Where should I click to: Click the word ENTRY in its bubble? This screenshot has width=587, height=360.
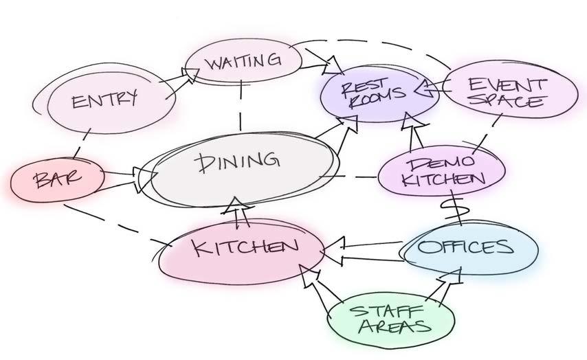[x=104, y=100]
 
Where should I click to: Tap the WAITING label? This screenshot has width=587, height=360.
[x=243, y=62]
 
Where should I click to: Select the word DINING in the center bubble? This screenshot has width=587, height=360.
[x=238, y=161]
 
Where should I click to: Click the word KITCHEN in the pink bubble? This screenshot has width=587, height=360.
[x=245, y=247]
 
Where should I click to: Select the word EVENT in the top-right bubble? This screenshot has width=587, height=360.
[x=507, y=85]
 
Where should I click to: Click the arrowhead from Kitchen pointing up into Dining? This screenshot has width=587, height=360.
[x=235, y=205]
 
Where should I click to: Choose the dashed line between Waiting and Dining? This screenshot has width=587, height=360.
[x=241, y=106]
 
